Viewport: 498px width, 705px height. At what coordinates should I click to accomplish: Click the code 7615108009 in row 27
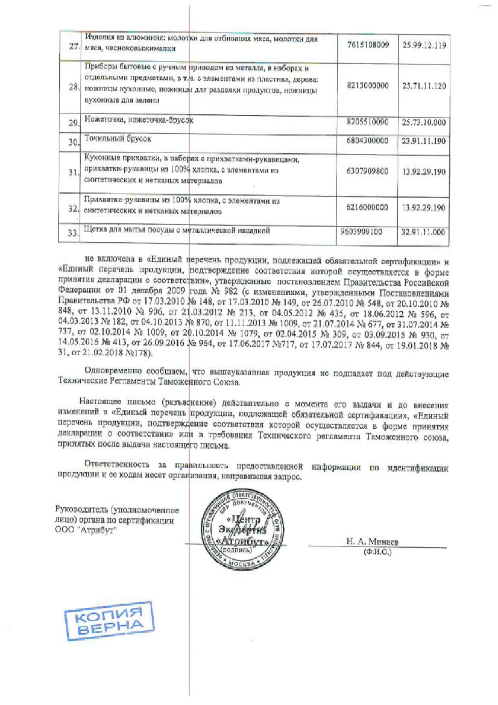[x=369, y=45]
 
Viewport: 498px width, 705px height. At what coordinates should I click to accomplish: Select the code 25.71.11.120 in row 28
[x=424, y=86]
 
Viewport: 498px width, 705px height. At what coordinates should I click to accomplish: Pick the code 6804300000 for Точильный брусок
[x=368, y=140]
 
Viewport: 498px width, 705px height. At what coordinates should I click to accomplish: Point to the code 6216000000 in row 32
[x=367, y=207]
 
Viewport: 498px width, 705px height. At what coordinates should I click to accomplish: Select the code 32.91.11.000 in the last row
[x=424, y=232]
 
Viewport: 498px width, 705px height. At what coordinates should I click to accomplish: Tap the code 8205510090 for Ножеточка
[x=368, y=122]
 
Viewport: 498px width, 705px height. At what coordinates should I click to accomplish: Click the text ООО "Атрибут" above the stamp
[x=83, y=529]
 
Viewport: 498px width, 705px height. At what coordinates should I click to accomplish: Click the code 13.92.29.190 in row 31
[x=424, y=172]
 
